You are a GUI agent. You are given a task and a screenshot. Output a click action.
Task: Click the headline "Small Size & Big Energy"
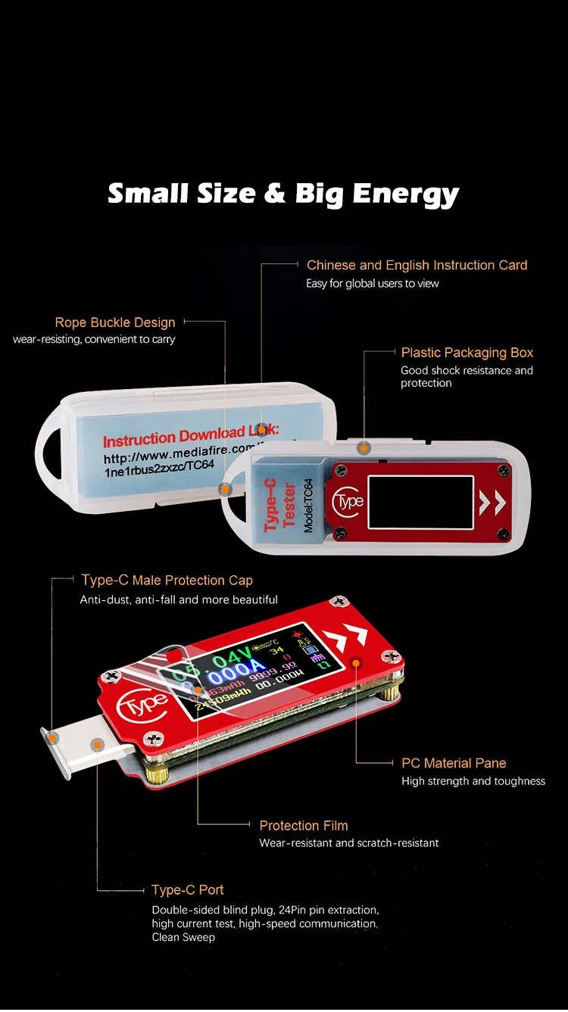tap(283, 194)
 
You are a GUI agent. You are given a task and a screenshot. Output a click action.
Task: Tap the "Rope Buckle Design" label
tap(115, 323)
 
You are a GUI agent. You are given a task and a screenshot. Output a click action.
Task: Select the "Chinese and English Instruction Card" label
tap(417, 265)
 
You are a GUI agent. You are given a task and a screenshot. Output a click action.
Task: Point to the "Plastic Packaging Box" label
tap(467, 353)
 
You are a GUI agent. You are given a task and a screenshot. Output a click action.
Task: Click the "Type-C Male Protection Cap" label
tap(167, 581)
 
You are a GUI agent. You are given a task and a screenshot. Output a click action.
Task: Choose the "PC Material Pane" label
tap(454, 763)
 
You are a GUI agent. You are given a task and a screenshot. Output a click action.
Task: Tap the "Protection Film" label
tap(304, 826)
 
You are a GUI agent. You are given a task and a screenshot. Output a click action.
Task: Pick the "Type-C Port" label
tap(187, 890)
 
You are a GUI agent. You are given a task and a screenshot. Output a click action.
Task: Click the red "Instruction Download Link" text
tap(189, 437)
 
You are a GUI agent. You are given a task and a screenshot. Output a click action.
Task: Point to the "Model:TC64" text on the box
tap(307, 506)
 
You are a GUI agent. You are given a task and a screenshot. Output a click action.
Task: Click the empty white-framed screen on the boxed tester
tap(420, 502)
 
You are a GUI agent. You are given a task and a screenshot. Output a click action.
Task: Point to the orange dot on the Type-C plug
tap(97, 746)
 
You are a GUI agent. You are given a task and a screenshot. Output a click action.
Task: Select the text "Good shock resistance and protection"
tap(467, 377)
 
